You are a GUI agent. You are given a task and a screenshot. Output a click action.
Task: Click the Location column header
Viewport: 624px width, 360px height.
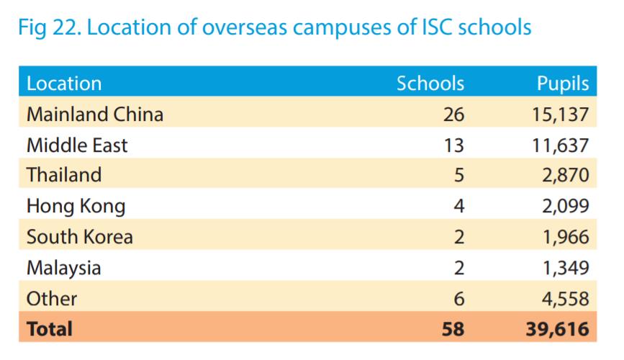click(x=64, y=84)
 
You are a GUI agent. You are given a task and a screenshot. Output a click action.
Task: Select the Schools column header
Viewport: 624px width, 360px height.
click(x=430, y=84)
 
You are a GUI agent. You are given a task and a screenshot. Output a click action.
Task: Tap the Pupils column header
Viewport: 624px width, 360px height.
click(x=563, y=84)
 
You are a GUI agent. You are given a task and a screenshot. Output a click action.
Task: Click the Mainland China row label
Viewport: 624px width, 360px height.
click(x=94, y=114)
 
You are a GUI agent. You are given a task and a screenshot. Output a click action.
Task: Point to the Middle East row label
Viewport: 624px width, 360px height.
click(x=76, y=145)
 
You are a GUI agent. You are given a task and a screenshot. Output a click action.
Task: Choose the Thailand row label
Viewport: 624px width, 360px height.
click(x=63, y=175)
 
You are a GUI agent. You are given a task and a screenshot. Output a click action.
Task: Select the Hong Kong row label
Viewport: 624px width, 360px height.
click(x=76, y=207)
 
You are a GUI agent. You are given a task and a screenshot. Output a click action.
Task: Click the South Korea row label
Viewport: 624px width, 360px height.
click(x=79, y=237)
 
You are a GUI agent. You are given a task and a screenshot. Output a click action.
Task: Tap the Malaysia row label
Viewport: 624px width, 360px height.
click(x=63, y=269)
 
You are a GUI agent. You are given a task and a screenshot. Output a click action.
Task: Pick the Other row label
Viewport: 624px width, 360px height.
click(x=51, y=298)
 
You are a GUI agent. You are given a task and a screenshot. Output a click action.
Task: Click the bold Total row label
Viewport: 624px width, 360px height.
click(x=49, y=329)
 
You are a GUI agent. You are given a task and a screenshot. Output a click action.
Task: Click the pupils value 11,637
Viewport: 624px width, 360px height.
click(x=560, y=145)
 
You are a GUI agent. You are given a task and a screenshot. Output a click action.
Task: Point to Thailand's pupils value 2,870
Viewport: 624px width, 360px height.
click(x=566, y=176)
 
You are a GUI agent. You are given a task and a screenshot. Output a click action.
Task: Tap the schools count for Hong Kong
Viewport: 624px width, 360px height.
click(x=458, y=207)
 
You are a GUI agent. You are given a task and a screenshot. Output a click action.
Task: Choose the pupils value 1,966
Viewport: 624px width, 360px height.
click(x=566, y=237)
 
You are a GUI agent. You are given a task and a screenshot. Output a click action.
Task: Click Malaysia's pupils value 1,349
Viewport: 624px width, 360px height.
click(x=566, y=269)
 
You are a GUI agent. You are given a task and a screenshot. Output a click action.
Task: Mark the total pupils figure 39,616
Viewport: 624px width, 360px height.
click(x=557, y=330)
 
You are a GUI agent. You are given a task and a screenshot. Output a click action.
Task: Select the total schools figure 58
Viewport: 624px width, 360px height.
click(x=453, y=330)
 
